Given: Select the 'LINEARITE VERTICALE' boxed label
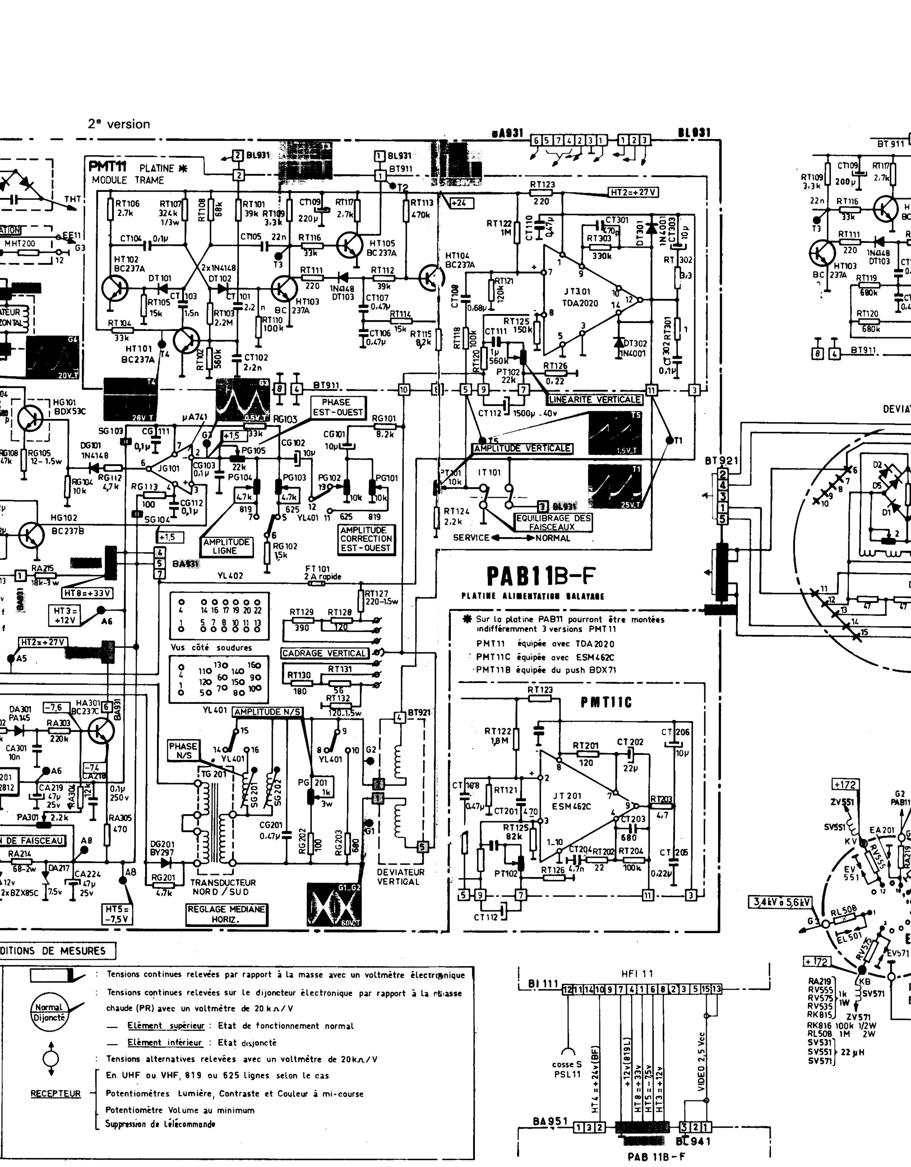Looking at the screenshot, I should (x=595, y=399).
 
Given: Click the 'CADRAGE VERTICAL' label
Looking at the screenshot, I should (x=325, y=653).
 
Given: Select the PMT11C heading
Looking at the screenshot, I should (x=606, y=703).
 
